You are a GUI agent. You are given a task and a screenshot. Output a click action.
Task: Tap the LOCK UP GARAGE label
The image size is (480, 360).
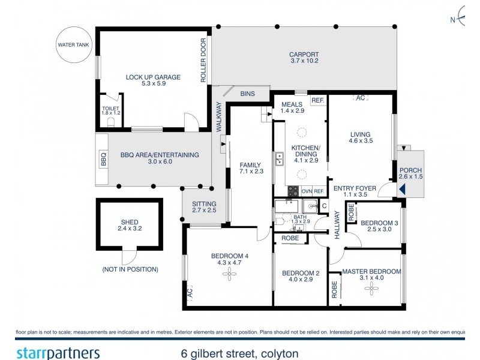coord(153,77)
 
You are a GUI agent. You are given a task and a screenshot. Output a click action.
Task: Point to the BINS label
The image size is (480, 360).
coord(247,94)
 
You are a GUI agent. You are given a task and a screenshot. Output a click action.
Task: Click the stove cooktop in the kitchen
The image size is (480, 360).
coord(293,191)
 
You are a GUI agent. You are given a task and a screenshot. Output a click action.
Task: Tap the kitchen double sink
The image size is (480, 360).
coord(280,159)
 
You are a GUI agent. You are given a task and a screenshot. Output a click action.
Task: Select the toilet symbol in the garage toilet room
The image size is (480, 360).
coord(110,122)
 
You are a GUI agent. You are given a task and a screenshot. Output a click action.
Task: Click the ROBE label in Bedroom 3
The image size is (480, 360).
coord(351,212)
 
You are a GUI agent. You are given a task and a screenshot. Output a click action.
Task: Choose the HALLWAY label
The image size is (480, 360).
coord(337,228)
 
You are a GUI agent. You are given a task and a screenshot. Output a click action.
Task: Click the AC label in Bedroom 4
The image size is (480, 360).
coord(189,293)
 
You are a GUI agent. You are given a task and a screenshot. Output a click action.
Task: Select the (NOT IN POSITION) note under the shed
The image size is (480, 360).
coord(130,269)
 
